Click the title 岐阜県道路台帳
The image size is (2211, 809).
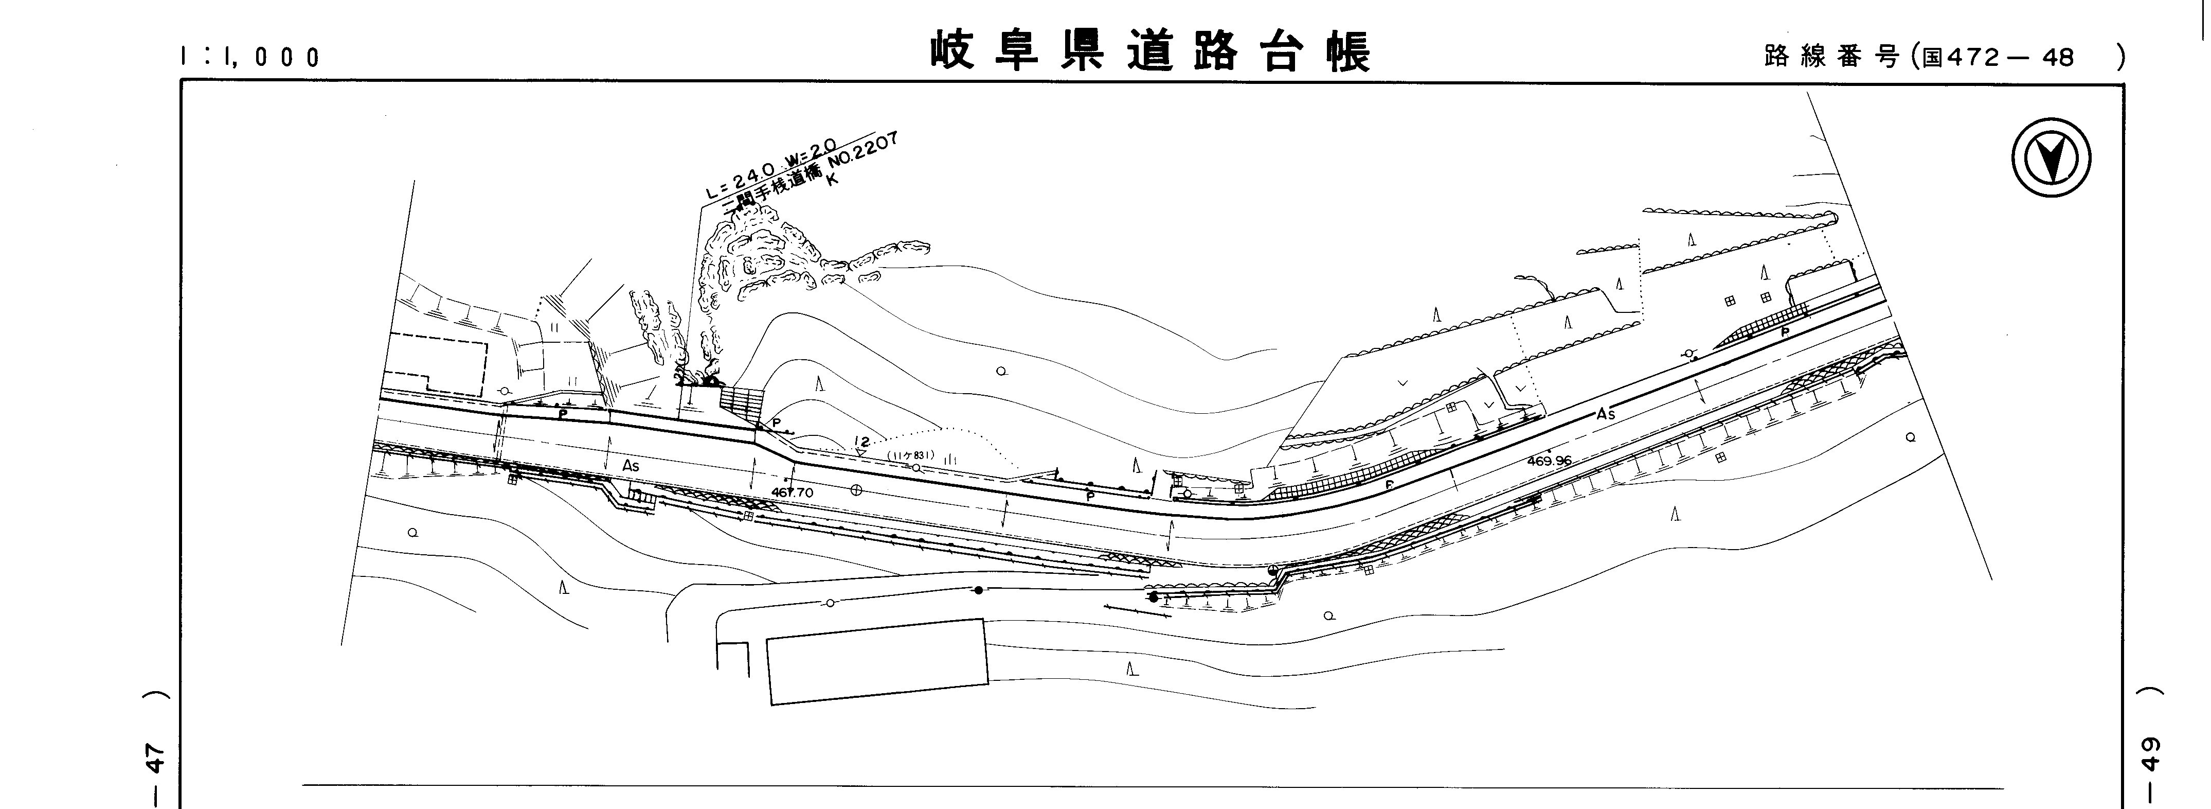point(1150,51)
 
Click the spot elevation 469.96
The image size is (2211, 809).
point(1549,460)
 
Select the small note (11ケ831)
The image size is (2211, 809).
point(911,455)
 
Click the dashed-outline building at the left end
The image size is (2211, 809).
point(434,365)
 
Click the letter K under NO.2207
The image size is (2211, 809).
point(830,180)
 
